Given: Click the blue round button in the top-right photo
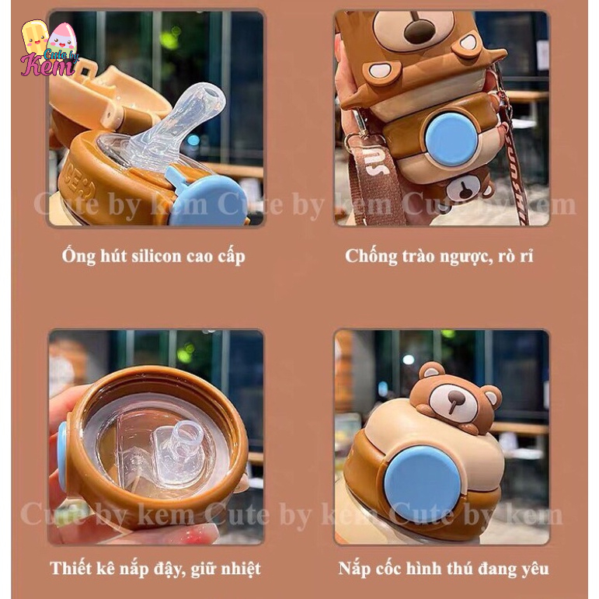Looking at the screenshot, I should tap(453, 139).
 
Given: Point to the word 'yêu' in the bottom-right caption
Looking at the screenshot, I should tap(535, 569).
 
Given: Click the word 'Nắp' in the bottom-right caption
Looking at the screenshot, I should tap(354, 569).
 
